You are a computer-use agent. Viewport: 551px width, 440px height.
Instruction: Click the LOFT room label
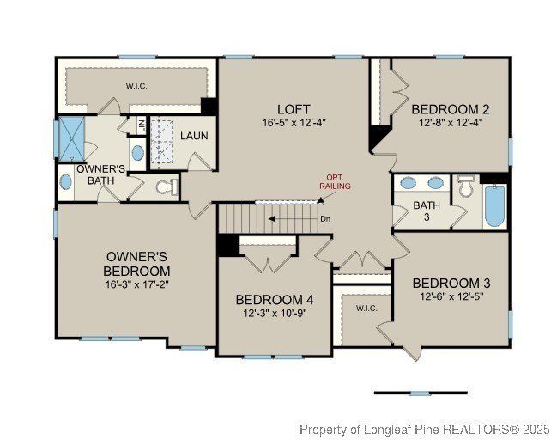point(288,109)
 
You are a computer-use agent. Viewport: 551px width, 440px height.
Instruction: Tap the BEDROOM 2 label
point(450,109)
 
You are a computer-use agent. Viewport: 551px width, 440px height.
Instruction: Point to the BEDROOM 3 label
point(451,283)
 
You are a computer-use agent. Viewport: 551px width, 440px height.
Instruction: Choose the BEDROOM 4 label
point(275,299)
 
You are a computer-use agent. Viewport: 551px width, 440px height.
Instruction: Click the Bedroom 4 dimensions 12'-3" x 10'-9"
point(275,313)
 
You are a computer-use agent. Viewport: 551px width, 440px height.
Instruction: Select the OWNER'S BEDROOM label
point(137,264)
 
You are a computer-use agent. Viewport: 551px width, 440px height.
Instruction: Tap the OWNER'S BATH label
point(100,175)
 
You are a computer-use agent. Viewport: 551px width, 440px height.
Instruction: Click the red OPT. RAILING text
point(335,180)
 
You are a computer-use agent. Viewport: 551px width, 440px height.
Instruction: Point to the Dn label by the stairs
point(325,218)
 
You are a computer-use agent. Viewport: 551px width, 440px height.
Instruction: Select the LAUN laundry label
point(194,136)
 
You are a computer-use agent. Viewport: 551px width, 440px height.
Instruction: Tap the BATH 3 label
point(426,211)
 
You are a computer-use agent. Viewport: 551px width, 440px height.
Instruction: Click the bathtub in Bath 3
point(495,206)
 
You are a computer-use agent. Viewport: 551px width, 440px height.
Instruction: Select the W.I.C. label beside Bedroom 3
point(366,308)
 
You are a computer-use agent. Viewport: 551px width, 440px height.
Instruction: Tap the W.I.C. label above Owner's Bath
point(136,85)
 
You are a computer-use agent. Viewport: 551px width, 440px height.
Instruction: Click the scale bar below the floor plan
point(420,393)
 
